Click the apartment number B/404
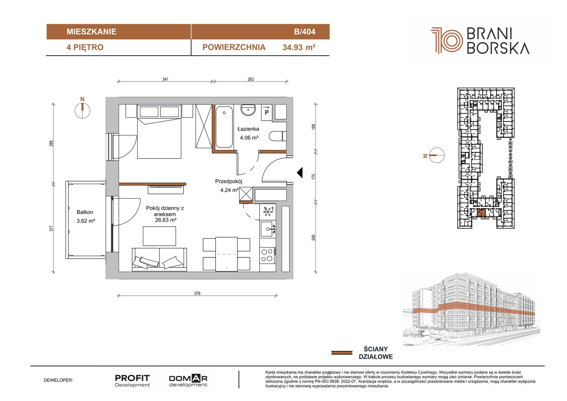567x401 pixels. click(x=304, y=32)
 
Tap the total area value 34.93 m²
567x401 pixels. click(x=299, y=48)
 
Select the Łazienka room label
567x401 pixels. click(x=248, y=129)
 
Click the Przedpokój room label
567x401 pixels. click(x=229, y=182)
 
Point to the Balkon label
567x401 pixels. click(x=85, y=212)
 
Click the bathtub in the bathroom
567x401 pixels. click(x=224, y=127)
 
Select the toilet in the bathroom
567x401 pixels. click(x=278, y=136)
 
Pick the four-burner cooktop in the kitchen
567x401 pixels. click(x=268, y=255)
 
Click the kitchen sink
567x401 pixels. click(x=268, y=229)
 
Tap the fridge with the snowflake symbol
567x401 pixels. click(x=268, y=211)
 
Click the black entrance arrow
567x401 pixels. click(x=300, y=173)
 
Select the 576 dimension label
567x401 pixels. click(x=197, y=294)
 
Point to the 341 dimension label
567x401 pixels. click(x=165, y=79)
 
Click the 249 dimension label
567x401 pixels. click(x=314, y=238)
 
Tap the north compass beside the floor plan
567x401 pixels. click(x=83, y=109)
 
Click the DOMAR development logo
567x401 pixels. click(x=188, y=381)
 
